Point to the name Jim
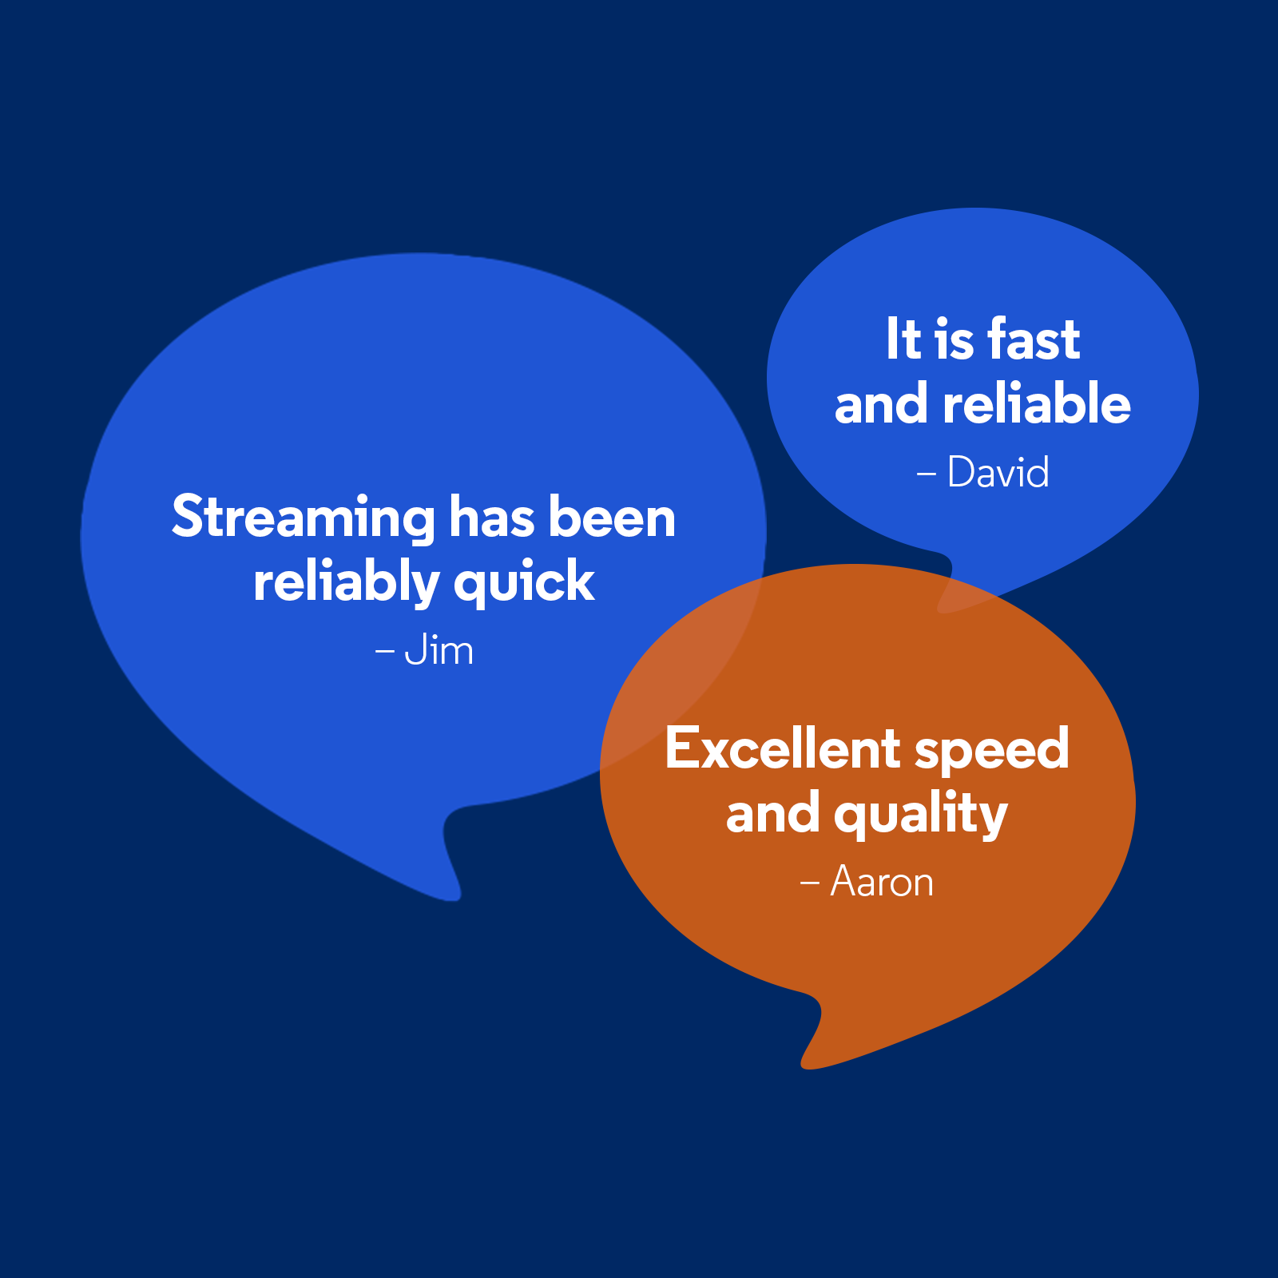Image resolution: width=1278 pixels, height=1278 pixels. [x=439, y=651]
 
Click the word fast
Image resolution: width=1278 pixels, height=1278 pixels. [x=1034, y=339]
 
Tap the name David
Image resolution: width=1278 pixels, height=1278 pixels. [x=998, y=472]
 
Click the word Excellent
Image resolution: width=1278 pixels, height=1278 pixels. [x=783, y=749]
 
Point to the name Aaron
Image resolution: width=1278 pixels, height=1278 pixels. [x=882, y=882]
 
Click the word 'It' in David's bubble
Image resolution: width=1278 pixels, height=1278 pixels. [x=903, y=339]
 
